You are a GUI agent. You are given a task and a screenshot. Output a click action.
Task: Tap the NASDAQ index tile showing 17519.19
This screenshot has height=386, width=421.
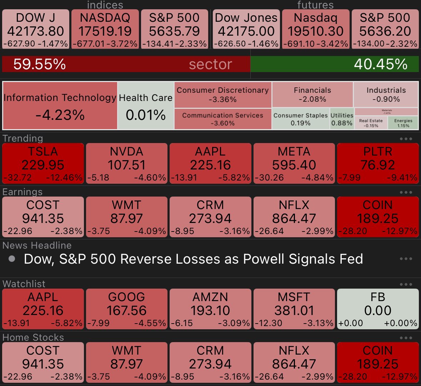click(105, 29)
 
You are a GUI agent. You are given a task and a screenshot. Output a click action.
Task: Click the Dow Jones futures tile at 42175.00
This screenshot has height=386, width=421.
click(246, 29)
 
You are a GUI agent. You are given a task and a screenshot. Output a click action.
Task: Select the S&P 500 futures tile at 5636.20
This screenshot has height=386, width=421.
click(385, 29)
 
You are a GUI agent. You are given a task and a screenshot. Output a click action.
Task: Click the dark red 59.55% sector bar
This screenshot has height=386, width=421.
click(126, 64)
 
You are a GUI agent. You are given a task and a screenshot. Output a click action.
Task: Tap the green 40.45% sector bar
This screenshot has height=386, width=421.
click(335, 64)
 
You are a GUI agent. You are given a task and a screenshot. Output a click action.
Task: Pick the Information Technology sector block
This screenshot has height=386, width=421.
click(60, 106)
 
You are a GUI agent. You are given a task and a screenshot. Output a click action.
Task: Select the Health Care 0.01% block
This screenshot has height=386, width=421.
click(146, 106)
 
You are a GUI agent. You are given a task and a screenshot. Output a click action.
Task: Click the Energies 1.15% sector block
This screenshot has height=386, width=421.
click(403, 123)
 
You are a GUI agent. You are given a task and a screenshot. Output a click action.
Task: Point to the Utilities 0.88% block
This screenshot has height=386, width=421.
click(342, 119)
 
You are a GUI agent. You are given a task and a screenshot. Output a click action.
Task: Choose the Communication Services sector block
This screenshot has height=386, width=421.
click(222, 119)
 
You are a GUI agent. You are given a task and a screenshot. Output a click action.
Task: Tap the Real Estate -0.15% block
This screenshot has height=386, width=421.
click(371, 123)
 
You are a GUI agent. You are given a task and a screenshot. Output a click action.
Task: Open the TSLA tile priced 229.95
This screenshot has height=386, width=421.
click(43, 164)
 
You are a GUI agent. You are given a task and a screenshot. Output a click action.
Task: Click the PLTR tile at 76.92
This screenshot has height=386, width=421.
click(377, 164)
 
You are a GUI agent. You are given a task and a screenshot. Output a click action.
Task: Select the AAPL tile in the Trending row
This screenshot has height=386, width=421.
click(210, 164)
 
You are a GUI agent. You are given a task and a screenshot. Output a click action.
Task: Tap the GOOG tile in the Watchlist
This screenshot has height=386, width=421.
click(127, 309)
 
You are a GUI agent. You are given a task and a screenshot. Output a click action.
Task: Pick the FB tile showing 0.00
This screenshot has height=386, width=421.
click(377, 309)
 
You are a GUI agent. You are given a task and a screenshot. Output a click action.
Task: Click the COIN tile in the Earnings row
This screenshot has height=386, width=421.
click(377, 217)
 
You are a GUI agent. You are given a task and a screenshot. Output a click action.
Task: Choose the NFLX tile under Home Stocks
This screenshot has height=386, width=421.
click(294, 362)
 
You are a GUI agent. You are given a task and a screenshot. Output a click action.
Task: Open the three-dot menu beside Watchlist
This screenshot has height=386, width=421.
click(406, 284)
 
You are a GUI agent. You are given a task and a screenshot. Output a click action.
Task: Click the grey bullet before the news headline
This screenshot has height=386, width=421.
click(12, 259)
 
